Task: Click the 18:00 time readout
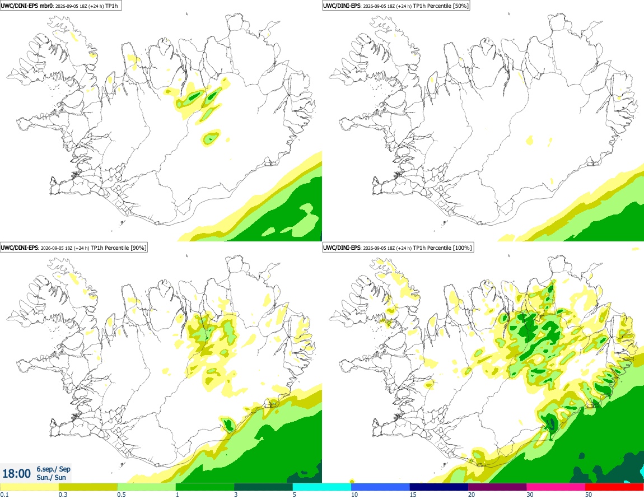tap(16, 474)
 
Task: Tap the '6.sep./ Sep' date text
tap(53, 469)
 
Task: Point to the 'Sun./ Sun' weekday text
tap(51, 477)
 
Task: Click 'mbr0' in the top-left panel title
tap(44, 6)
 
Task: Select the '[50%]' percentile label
tap(460, 6)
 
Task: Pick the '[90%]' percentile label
tap(138, 248)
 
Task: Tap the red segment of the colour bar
tap(614, 487)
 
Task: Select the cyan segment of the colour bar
tap(322, 487)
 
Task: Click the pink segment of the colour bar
tap(556, 487)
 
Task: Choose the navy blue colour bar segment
tap(439, 487)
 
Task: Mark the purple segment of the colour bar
tap(497, 487)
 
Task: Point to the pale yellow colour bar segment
tap(30, 487)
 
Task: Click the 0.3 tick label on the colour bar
tap(63, 495)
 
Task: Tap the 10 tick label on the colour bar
tap(354, 495)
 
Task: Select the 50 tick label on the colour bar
tap(589, 495)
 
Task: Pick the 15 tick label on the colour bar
tap(413, 495)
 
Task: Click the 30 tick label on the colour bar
tap(530, 495)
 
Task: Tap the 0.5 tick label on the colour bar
tap(122, 495)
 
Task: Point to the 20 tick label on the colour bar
tap(472, 495)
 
